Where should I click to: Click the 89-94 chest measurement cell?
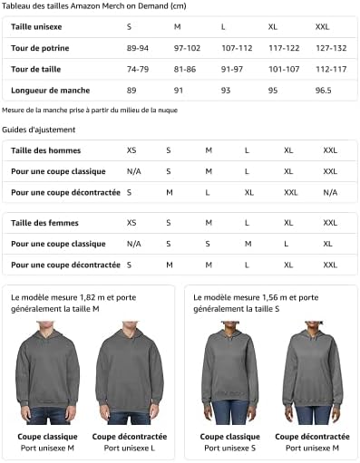coord(138,48)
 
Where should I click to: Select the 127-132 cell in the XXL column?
coord(330,48)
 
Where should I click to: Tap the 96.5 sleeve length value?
coord(323,91)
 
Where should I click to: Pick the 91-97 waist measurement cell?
coord(232,69)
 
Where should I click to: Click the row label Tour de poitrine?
coord(40,48)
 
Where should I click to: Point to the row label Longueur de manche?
coord(50,91)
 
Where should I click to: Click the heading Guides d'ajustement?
coord(38,130)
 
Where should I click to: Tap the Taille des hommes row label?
coord(45,150)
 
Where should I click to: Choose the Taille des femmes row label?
coord(44,223)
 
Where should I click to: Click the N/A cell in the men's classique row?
coord(133,171)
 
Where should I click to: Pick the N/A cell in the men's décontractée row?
coord(329,192)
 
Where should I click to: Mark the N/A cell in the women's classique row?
coord(133,244)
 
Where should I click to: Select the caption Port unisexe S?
coord(229,448)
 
